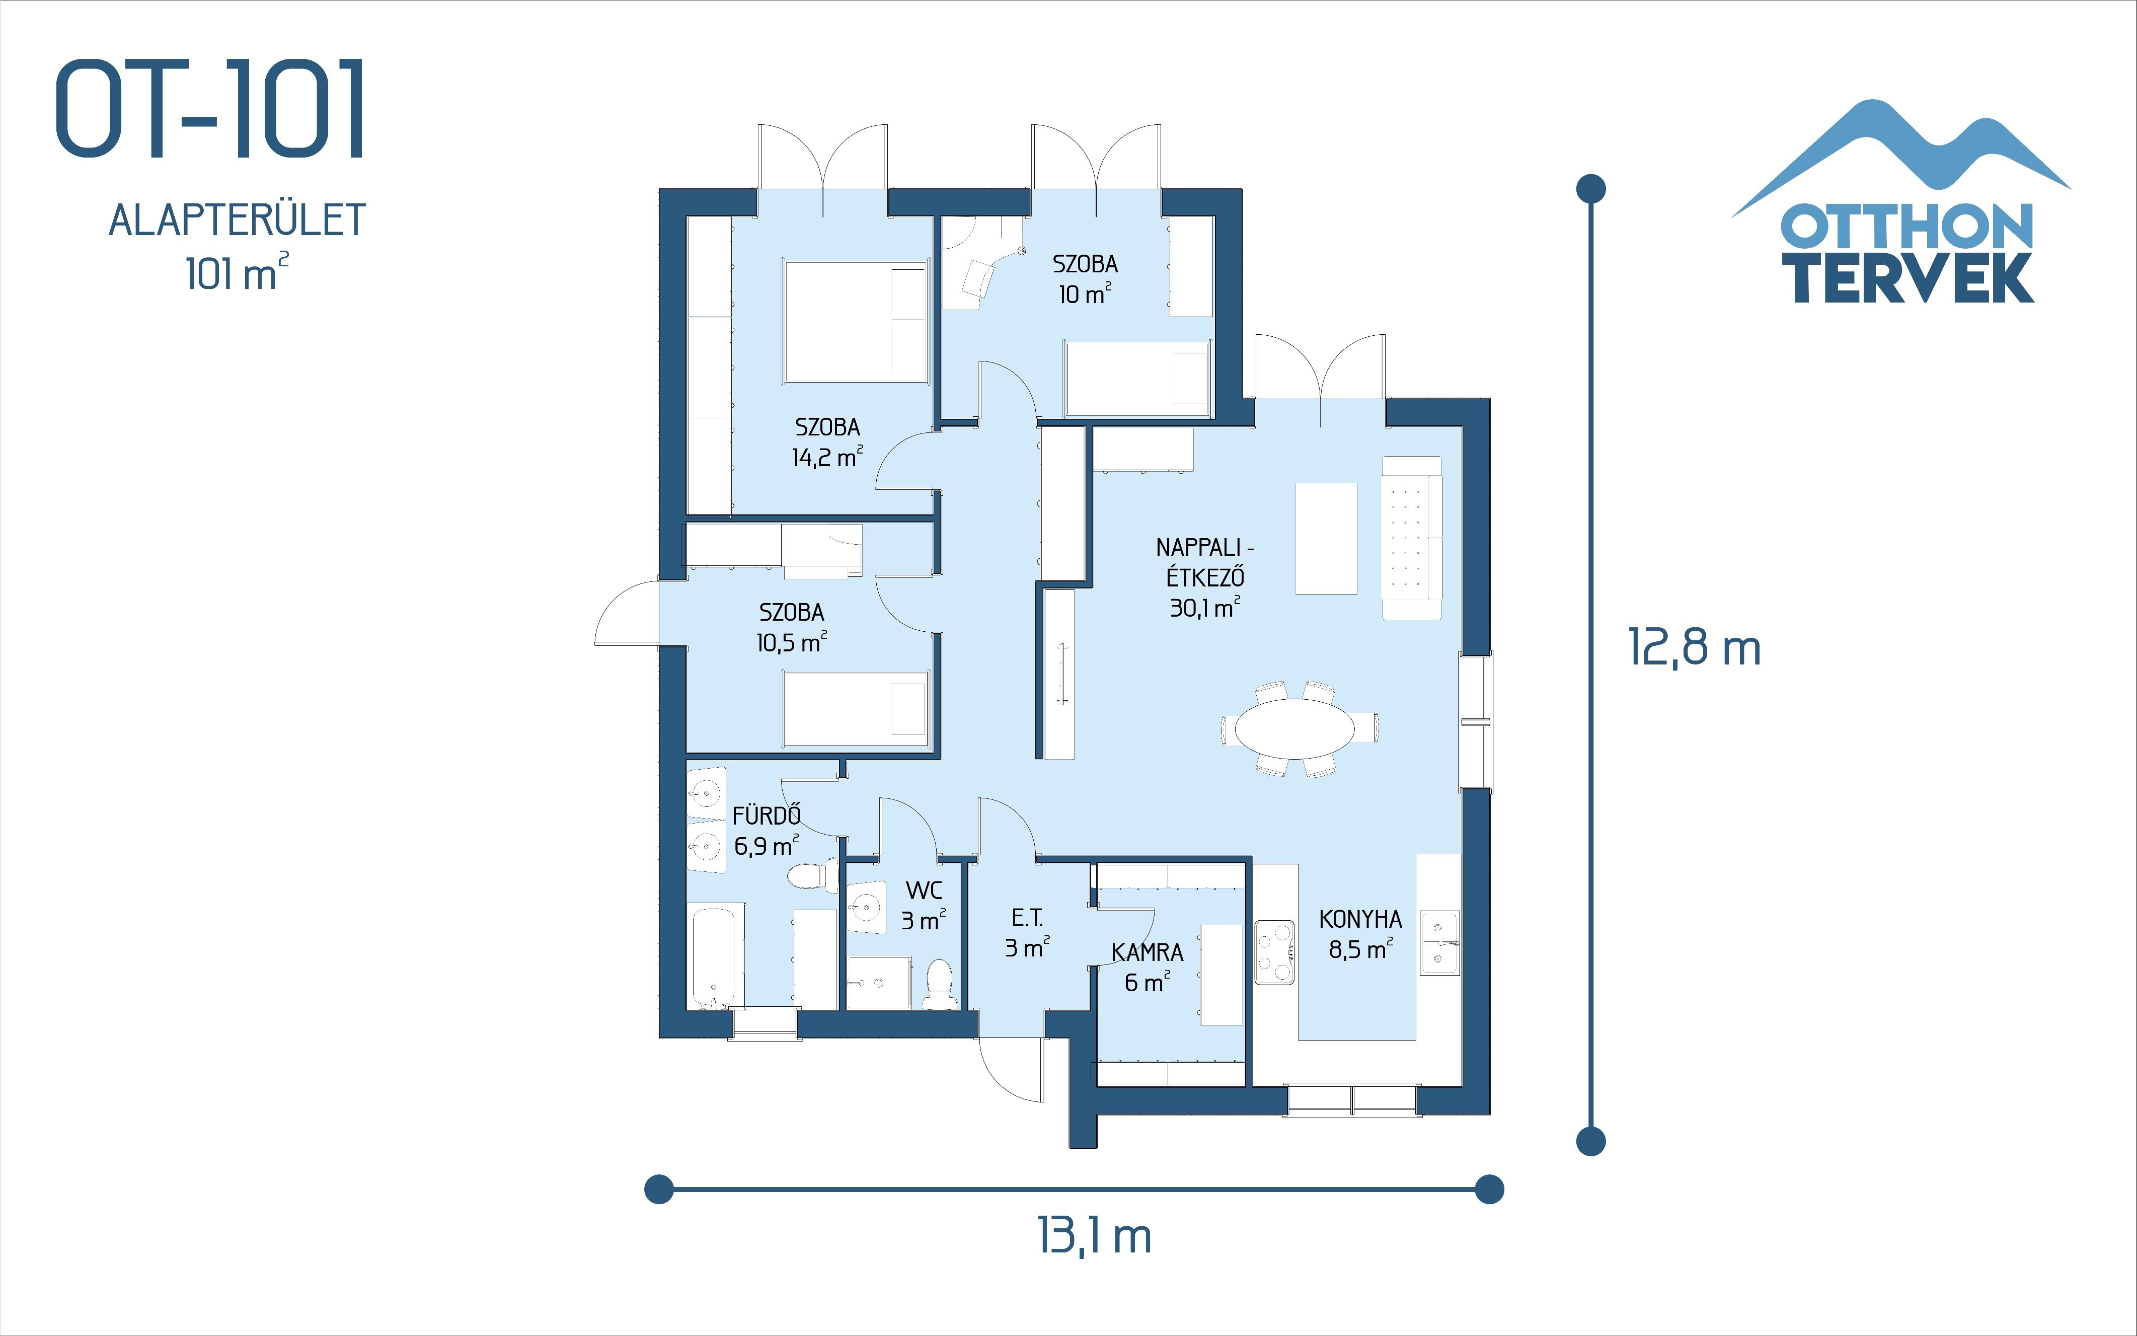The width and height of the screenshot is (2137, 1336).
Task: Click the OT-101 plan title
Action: pos(210,110)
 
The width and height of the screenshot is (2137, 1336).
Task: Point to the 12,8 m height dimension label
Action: pos(1694,648)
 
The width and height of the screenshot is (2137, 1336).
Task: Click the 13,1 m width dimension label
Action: pos(1094,1236)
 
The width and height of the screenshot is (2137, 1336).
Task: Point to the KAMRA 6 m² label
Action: pos(1147,967)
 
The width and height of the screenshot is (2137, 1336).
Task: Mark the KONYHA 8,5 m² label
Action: pos(1359,934)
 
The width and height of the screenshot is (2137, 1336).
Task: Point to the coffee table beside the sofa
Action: pos(1325,538)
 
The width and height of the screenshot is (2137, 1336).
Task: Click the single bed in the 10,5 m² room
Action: pos(855,709)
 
